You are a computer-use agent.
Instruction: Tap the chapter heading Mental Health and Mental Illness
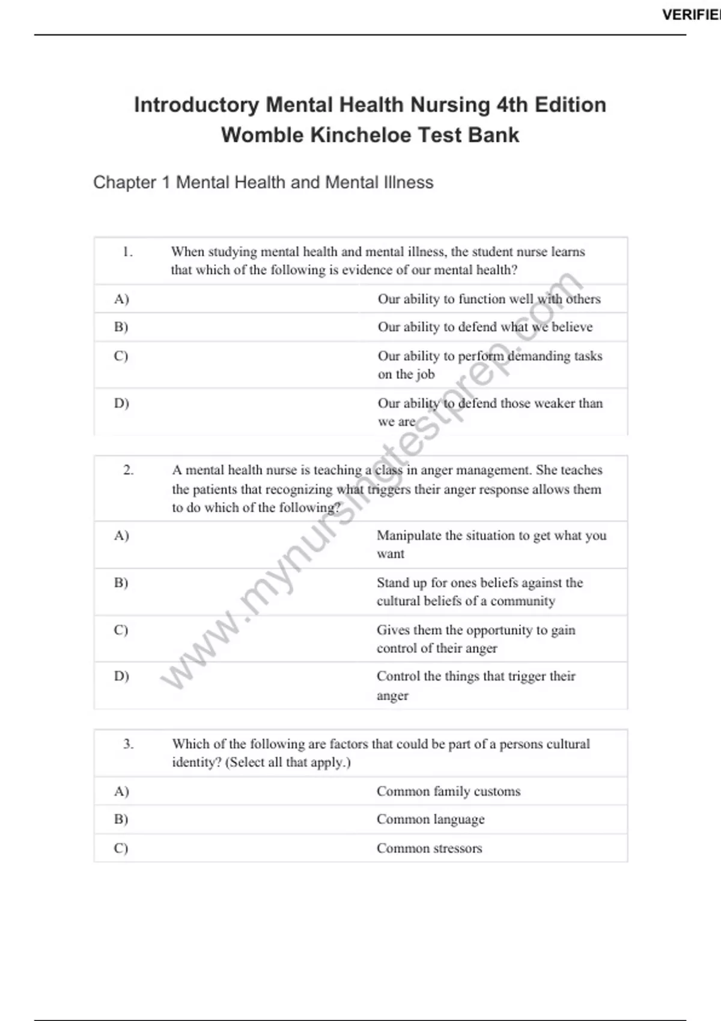coord(263,182)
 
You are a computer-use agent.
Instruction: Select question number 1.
coord(127,252)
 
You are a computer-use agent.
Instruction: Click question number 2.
coord(129,470)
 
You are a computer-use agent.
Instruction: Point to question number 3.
coord(129,744)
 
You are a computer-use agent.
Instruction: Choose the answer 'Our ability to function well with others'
coord(488,299)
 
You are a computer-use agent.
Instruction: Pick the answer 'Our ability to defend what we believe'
coord(485,327)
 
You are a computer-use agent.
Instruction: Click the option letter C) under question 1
coord(121,356)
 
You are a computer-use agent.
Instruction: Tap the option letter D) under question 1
coord(121,404)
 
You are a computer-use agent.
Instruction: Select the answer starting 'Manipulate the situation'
coord(491,544)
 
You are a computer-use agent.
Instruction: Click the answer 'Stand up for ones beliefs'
coord(479,592)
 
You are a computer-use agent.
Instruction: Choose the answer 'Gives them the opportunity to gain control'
coord(476,638)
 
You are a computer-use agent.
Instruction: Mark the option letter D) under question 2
coord(121,676)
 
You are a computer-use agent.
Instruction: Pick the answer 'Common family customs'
coord(448,792)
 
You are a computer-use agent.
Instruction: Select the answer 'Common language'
coord(430,820)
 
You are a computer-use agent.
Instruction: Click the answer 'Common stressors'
coord(429,849)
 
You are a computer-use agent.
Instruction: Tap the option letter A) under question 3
coord(121,792)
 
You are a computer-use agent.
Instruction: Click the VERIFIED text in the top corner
coord(691,15)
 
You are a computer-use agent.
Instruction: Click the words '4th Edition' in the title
coord(551,105)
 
